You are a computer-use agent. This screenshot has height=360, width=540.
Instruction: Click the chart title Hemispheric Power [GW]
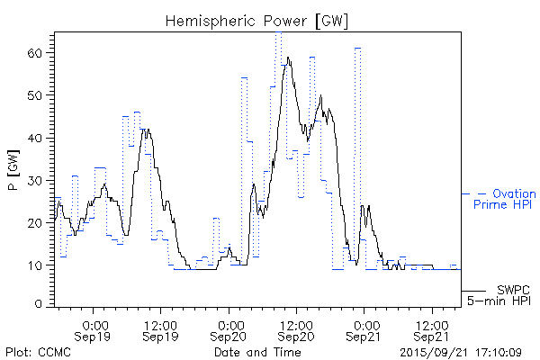pos(256,20)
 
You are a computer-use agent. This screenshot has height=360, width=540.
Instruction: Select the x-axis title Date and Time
pos(256,352)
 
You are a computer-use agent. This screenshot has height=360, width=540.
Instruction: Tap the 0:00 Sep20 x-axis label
pos(229,329)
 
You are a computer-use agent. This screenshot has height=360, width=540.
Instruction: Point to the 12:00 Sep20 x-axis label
pos(296,329)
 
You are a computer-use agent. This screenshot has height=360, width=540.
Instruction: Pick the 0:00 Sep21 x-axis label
pos(364,329)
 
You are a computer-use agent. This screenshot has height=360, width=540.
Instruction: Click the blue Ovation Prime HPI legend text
pos(504,199)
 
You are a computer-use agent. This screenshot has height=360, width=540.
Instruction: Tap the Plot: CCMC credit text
pos(38,352)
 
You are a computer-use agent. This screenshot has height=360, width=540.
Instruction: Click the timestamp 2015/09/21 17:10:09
pos(461,352)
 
